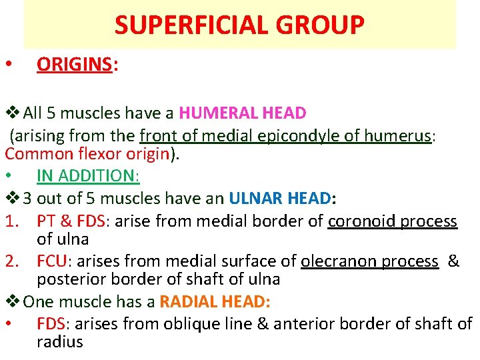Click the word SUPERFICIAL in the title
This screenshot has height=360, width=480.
point(189,25)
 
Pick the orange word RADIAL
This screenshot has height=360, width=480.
point(188,302)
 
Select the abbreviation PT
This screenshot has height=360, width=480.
point(47,221)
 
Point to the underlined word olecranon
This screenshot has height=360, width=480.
point(338,261)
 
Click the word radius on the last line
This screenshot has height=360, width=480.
point(60,343)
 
